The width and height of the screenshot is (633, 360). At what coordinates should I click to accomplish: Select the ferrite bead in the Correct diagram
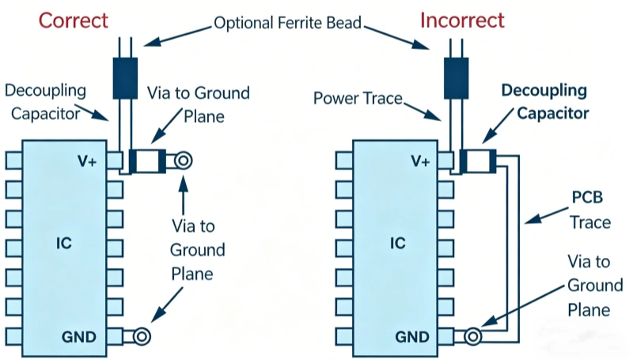(x=125, y=77)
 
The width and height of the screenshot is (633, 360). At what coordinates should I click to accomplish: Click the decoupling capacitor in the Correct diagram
(x=148, y=161)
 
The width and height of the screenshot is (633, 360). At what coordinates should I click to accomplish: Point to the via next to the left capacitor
(x=183, y=161)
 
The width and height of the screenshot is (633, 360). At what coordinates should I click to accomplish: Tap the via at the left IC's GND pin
(x=142, y=338)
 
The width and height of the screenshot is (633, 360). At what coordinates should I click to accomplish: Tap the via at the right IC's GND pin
(x=472, y=338)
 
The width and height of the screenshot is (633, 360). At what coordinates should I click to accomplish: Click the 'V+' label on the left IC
(x=88, y=161)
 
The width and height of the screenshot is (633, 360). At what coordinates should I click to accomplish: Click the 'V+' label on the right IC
(x=419, y=161)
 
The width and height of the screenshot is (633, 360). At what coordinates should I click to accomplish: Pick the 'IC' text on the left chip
(x=64, y=243)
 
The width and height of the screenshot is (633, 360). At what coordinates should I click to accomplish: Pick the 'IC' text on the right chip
(x=396, y=243)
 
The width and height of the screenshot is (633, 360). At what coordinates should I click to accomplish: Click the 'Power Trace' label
(x=358, y=99)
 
